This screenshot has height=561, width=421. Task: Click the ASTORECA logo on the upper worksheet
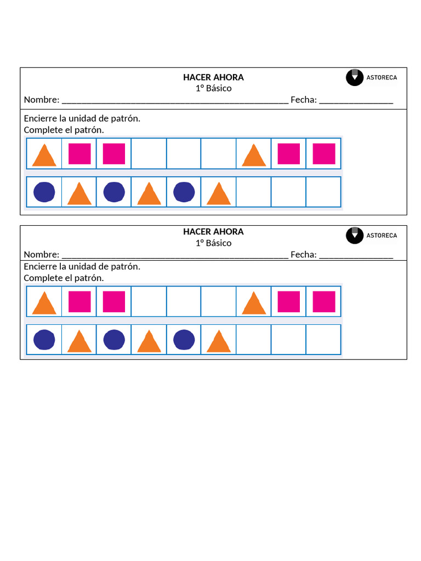[372, 77]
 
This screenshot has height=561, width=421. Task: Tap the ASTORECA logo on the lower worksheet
[372, 236]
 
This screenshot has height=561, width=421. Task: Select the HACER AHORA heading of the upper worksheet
[213, 77]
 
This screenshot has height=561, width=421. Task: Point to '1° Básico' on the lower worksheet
[213, 243]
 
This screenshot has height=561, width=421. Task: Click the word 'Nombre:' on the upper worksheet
[42, 100]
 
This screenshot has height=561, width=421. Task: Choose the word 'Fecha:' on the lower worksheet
[303, 254]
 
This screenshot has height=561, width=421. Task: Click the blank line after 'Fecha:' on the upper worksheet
[356, 101]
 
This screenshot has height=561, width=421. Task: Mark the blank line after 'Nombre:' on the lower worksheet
[175, 255]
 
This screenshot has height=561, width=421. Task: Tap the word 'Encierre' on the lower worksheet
[41, 267]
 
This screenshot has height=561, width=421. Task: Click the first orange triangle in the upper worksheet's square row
[44, 154]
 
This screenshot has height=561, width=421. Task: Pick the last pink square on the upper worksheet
[324, 154]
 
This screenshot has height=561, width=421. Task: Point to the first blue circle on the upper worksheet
[44, 192]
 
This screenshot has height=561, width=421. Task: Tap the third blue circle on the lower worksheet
[184, 340]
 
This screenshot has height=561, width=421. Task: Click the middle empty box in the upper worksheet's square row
[184, 153]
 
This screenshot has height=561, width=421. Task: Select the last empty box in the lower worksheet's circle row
[323, 340]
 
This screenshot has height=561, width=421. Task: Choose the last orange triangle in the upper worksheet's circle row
[219, 194]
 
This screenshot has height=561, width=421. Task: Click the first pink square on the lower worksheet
[79, 302]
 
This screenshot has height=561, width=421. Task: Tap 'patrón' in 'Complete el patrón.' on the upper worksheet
[90, 130]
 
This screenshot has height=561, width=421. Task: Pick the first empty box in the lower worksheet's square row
[149, 301]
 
